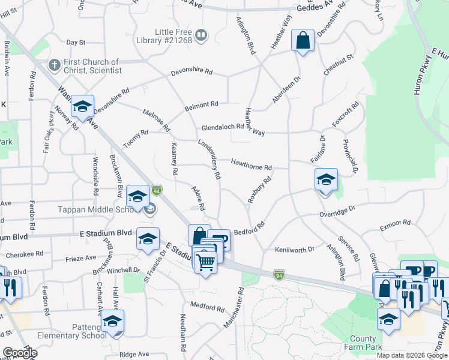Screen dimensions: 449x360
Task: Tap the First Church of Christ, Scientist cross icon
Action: click(54, 63)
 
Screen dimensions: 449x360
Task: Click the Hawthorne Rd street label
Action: click(252, 164)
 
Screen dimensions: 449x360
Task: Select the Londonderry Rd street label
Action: click(209, 160)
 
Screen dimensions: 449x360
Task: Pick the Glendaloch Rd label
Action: click(223, 127)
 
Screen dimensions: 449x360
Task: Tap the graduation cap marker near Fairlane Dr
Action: click(326, 179)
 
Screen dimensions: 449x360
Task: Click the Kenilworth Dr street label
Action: click(295, 249)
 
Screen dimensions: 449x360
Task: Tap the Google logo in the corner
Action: click(19, 353)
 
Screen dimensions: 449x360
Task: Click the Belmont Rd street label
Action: click(201, 105)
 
